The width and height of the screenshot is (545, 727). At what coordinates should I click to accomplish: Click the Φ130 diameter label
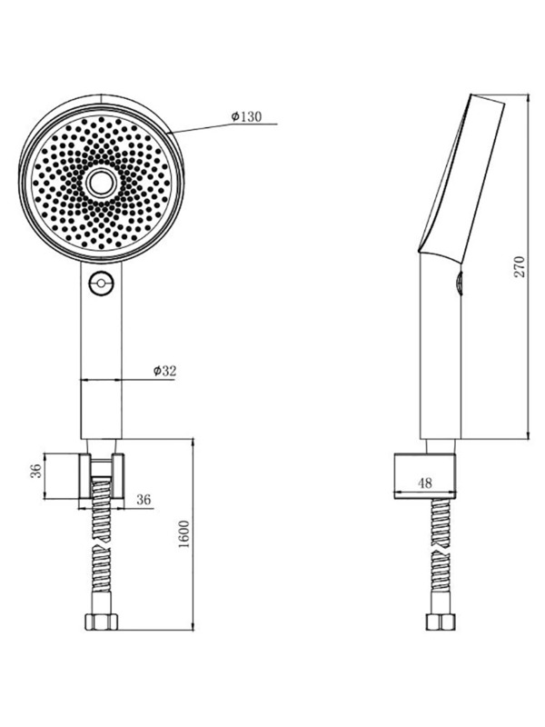click(246, 116)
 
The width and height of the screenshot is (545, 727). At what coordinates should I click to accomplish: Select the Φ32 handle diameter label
click(164, 371)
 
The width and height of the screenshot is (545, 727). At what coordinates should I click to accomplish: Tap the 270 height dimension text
click(520, 266)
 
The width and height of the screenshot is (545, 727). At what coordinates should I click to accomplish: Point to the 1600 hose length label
click(184, 533)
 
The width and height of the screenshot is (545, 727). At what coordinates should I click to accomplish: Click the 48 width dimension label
click(424, 483)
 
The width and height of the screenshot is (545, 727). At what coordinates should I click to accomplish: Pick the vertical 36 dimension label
click(36, 471)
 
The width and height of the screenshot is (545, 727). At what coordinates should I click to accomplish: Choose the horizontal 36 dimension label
click(144, 499)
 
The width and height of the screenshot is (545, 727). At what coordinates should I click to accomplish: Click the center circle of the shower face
click(101, 182)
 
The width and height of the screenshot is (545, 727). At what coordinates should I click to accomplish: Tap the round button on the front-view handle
click(101, 283)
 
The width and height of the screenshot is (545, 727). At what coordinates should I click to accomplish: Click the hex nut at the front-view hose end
click(102, 622)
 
